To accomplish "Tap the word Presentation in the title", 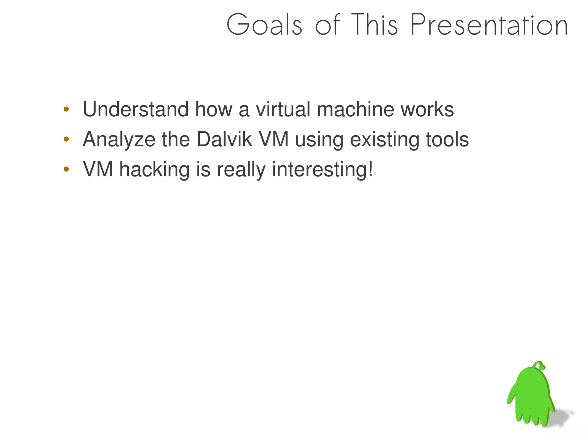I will [x=489, y=25].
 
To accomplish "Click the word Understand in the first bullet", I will [x=136, y=109].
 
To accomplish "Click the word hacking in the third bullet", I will [x=154, y=170].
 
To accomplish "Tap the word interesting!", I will [x=322, y=170].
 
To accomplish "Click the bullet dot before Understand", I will [x=66, y=109].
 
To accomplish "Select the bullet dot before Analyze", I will [x=66, y=139].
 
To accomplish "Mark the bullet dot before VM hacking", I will [x=66, y=169].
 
